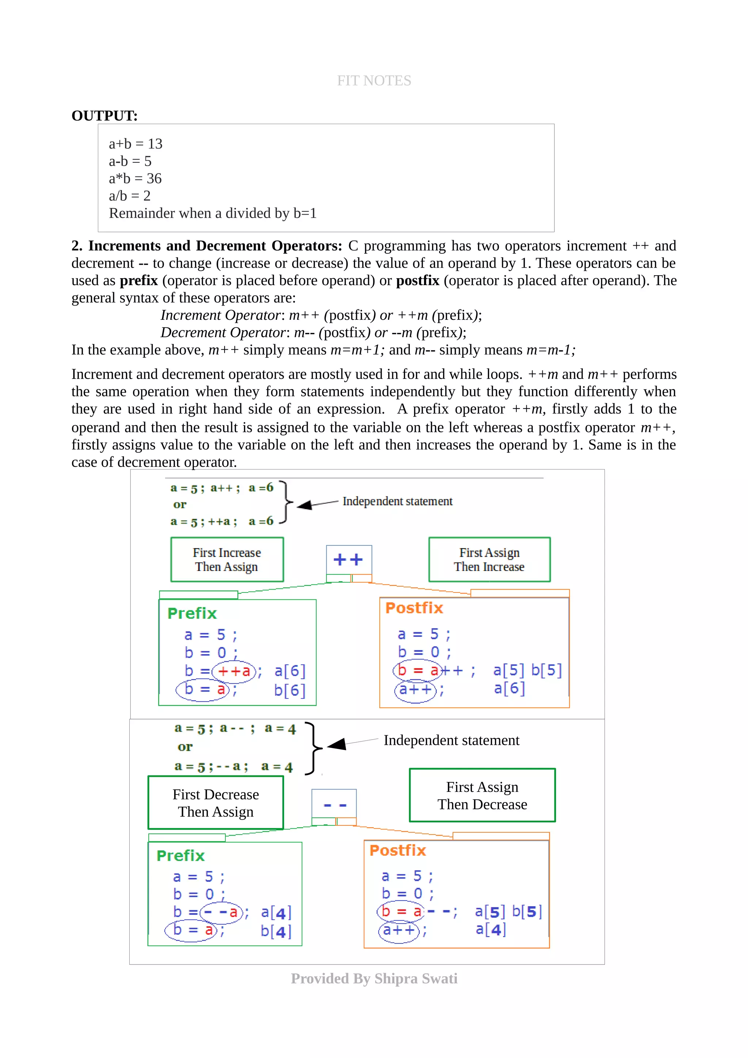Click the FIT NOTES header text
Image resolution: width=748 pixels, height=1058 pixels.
click(x=374, y=81)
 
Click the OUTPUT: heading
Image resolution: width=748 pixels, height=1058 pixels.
click(x=104, y=116)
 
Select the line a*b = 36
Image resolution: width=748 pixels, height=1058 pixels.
click(x=135, y=178)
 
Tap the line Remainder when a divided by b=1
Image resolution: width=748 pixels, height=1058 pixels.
click(x=213, y=213)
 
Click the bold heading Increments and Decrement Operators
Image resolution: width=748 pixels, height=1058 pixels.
click(x=215, y=246)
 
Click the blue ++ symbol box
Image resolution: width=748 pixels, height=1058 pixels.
click(x=348, y=559)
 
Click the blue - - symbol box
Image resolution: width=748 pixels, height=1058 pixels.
click(x=334, y=805)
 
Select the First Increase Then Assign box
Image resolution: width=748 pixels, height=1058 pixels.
click(x=227, y=559)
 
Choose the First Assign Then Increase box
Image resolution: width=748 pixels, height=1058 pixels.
click(x=489, y=559)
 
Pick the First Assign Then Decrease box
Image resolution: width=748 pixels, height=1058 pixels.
click(x=482, y=796)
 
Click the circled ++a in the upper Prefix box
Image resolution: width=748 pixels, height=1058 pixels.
click(x=234, y=671)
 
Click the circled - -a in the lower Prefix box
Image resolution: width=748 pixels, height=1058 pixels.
click(x=221, y=912)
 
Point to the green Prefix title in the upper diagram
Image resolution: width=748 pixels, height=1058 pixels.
click(x=192, y=613)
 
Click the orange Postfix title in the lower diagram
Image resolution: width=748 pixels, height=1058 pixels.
click(x=397, y=850)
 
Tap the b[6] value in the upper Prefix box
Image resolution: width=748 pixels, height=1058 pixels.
click(x=289, y=690)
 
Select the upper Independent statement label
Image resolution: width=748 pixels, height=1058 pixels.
click(x=397, y=501)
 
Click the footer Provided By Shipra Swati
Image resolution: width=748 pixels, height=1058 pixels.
click(x=374, y=978)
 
